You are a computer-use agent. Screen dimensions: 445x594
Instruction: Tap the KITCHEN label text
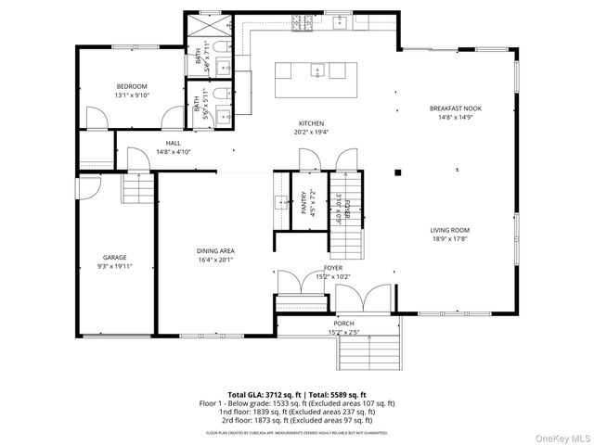click(x=311, y=123)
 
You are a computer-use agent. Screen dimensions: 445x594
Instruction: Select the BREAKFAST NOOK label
click(x=456, y=108)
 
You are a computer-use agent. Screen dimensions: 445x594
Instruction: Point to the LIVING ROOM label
click(x=449, y=230)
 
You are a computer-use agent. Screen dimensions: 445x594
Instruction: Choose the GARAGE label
click(x=114, y=257)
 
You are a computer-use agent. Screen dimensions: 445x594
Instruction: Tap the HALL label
click(x=173, y=143)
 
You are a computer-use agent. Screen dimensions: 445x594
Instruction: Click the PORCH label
click(x=343, y=323)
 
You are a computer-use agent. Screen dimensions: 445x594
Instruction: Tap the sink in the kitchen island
click(x=316, y=70)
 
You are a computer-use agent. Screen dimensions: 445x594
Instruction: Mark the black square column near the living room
click(x=397, y=172)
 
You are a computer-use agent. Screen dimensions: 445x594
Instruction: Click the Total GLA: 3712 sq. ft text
click(x=262, y=394)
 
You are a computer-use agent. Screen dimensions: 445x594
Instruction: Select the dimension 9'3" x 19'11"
click(x=114, y=266)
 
